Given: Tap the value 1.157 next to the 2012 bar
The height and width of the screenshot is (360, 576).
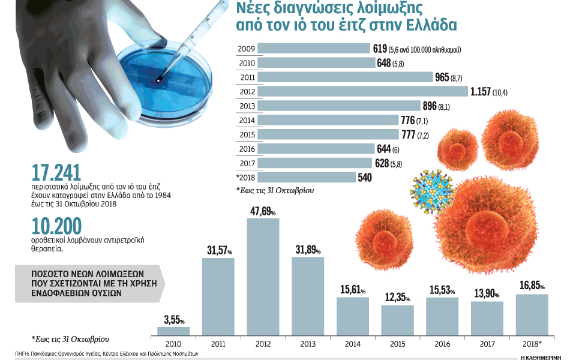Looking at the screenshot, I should pos(480,91).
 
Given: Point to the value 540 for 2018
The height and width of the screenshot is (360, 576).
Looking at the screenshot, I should pos(364,177).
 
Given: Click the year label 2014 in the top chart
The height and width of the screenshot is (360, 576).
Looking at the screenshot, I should pos(247,120).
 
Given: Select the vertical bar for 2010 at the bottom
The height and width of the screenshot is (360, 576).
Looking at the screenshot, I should pos(173,331).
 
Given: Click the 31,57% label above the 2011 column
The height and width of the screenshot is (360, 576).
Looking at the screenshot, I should pos(219,250).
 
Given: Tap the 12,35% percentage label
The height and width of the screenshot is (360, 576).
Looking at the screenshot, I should pos(398,298).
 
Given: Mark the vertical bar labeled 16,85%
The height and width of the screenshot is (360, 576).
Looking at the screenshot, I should pos(532,314).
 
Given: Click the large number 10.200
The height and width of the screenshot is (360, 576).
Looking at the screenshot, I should pos(58,226).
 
